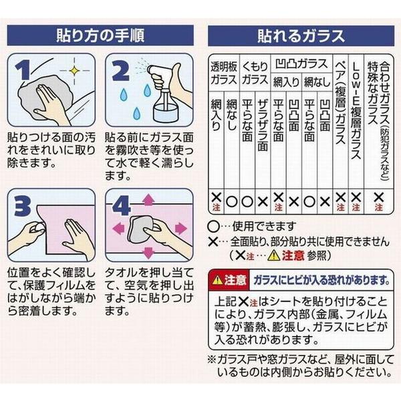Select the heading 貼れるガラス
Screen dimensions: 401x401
coord(301,35)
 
